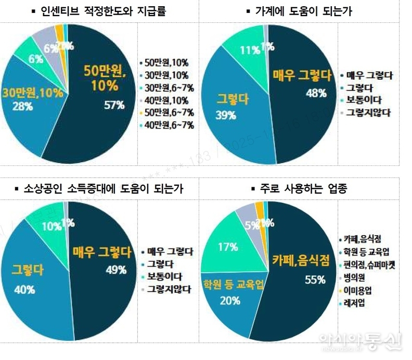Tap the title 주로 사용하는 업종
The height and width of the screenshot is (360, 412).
(305, 188)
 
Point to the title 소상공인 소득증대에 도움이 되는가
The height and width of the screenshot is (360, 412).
(104, 188)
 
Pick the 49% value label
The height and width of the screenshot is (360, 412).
(115, 269)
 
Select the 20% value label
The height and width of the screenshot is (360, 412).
(229, 300)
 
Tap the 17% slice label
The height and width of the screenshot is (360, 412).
(227, 248)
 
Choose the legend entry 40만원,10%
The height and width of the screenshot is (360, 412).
(167, 99)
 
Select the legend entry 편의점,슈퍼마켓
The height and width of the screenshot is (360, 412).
(369, 265)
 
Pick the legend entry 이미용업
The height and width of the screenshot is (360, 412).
(358, 290)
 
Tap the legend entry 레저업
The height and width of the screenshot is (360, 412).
(354, 303)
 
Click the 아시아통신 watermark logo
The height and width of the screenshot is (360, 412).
(360, 341)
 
